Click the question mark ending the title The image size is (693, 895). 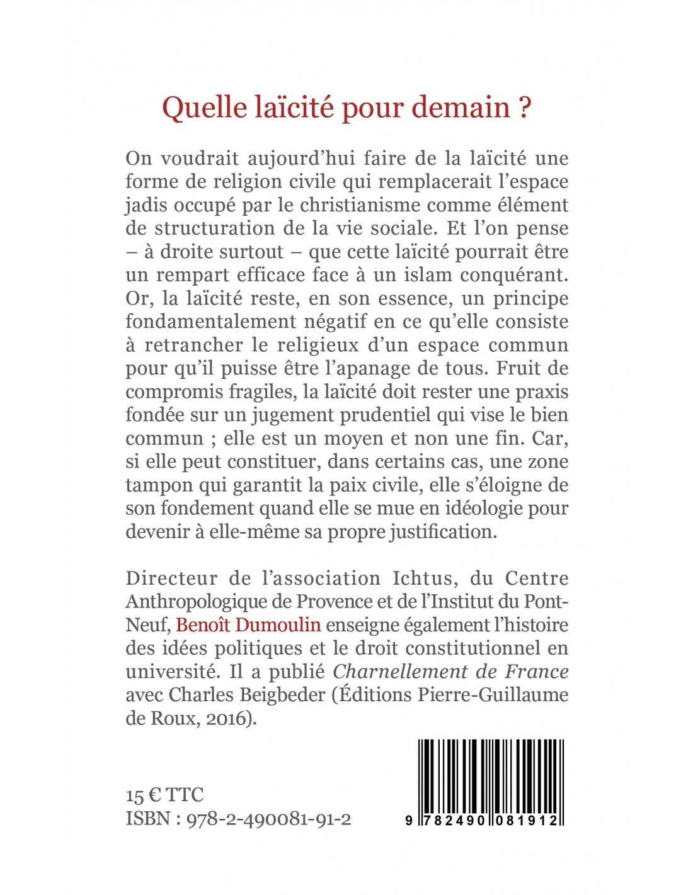[x=524, y=108]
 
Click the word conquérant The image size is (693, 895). [x=516, y=275]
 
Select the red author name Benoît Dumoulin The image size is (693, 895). [x=249, y=624]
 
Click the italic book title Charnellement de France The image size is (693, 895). [x=450, y=671]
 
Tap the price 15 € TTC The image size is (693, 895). [x=165, y=795]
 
